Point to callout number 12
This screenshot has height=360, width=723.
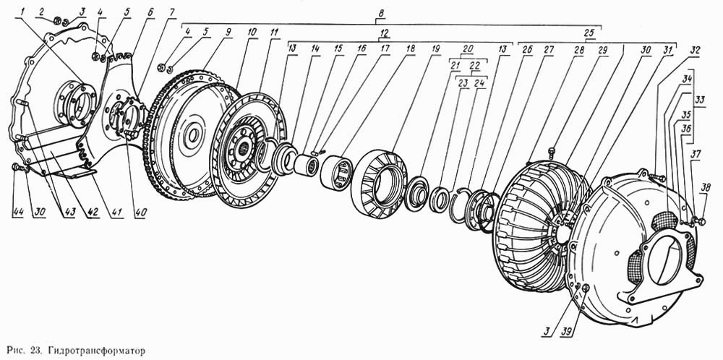pyautogui.click(x=384, y=33)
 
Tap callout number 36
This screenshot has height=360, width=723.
pyautogui.click(x=687, y=129)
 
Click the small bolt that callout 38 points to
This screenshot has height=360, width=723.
pyautogui.click(x=701, y=222)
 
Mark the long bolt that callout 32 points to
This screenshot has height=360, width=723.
pyautogui.click(x=656, y=176)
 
